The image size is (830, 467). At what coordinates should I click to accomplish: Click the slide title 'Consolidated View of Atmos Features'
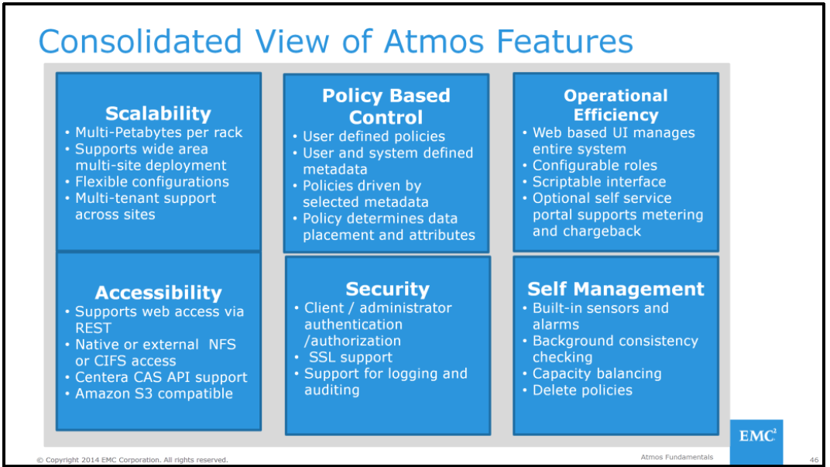click(x=335, y=41)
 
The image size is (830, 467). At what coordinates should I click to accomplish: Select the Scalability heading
click(x=158, y=113)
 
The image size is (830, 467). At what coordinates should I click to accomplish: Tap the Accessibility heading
click(x=158, y=293)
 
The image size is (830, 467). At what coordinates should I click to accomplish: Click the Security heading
click(x=387, y=289)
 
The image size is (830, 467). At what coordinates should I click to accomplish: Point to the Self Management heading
click(x=616, y=289)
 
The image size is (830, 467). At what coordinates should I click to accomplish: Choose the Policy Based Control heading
click(x=386, y=107)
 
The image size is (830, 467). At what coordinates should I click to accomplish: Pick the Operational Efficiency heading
click(x=616, y=105)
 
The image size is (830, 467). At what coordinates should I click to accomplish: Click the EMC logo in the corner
click(x=756, y=436)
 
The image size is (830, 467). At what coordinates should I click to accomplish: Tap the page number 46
click(x=814, y=459)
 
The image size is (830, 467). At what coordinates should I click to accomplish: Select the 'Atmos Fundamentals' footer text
click(x=677, y=458)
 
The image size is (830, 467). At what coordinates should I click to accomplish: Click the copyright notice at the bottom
click(x=132, y=460)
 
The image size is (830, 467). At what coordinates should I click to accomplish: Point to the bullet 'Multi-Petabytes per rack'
click(x=158, y=132)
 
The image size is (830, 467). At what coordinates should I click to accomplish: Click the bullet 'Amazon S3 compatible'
click(x=153, y=393)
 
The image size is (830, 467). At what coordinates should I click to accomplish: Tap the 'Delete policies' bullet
click(x=581, y=390)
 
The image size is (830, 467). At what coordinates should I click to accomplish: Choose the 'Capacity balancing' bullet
click(x=596, y=373)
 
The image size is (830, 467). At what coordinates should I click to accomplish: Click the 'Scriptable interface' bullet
click(x=598, y=182)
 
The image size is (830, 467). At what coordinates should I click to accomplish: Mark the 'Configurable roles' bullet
click(x=594, y=165)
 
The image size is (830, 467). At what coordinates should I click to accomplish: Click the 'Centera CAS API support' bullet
click(x=160, y=377)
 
